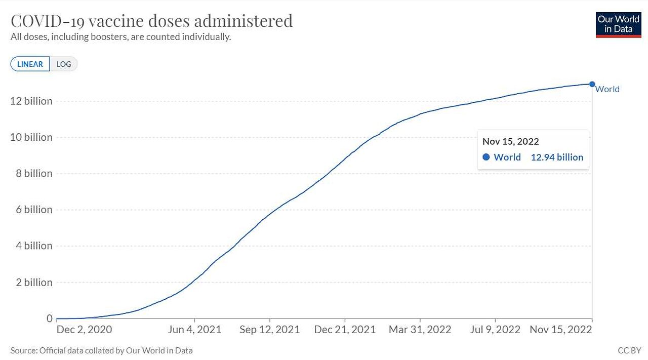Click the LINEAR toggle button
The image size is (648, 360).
coord(30,64)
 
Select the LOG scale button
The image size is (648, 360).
coord(64,64)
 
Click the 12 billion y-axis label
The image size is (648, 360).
coord(31,101)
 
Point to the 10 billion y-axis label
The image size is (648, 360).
coord(31,137)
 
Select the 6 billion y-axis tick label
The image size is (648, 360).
coord(34,210)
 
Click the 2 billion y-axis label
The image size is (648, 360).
coord(34,283)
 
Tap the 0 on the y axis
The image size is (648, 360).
coord(50,318)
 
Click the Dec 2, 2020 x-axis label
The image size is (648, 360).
coord(84,330)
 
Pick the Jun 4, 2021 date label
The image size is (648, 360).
coord(194,330)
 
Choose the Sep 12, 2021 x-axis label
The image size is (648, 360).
coord(269,330)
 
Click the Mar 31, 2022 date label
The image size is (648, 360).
coord(420,330)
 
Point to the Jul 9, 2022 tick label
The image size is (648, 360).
coord(495,330)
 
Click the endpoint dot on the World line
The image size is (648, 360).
coord(592,84)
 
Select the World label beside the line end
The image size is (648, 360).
coord(607,90)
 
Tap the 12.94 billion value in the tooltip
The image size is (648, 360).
coord(557,157)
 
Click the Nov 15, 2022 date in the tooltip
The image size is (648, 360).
coord(510,142)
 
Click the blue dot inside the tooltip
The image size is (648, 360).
coord(486,157)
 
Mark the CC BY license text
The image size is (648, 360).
coord(629,350)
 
